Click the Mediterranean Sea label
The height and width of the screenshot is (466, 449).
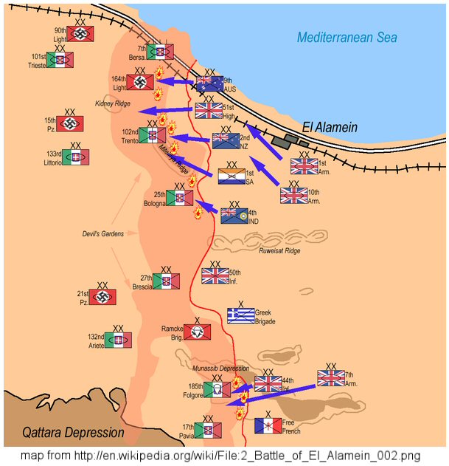(347, 38)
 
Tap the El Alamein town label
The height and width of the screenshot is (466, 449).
(330, 127)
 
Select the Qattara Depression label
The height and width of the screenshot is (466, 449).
(72, 433)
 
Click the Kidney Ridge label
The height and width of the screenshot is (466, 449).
(113, 103)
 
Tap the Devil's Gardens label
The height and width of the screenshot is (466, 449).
(102, 234)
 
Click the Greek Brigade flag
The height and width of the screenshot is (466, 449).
(241, 316)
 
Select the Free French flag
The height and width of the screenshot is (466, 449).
(268, 425)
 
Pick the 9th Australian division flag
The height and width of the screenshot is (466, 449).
(209, 83)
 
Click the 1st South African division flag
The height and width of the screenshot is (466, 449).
(232, 177)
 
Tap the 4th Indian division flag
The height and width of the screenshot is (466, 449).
(234, 215)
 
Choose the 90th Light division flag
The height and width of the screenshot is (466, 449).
(80, 34)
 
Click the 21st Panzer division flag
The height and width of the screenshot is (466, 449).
(102, 298)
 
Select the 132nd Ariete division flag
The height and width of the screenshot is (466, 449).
(118, 340)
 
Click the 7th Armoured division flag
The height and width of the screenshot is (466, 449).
(331, 378)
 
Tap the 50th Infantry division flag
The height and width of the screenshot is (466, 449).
(215, 276)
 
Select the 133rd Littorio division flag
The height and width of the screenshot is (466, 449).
(76, 157)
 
